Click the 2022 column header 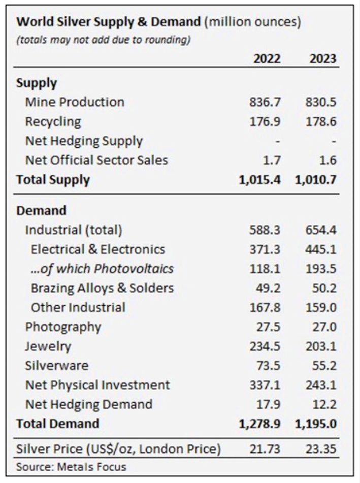267,58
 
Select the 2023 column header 322,58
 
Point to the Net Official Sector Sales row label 96,160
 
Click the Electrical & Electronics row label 98,249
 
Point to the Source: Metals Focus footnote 71,466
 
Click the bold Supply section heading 37,83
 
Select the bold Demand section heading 42,210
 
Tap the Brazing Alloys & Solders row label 102,288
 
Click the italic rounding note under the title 104,41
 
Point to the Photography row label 63,327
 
